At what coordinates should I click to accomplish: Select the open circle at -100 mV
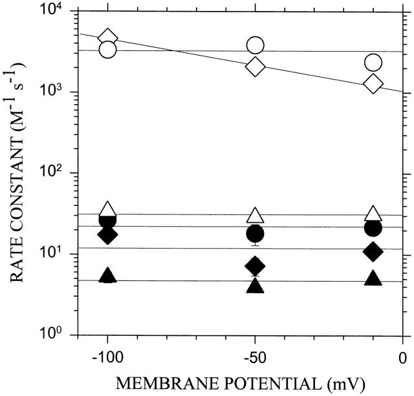pyautogui.click(x=108, y=50)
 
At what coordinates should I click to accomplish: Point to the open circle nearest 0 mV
pyautogui.click(x=373, y=62)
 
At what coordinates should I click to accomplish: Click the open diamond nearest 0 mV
pyautogui.click(x=373, y=83)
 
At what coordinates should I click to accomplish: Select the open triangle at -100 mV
pyautogui.click(x=108, y=209)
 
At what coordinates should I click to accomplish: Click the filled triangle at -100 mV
pyautogui.click(x=108, y=276)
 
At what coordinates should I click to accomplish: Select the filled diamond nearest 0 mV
pyautogui.click(x=373, y=251)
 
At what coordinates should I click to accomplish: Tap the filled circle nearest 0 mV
pyautogui.click(x=373, y=227)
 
